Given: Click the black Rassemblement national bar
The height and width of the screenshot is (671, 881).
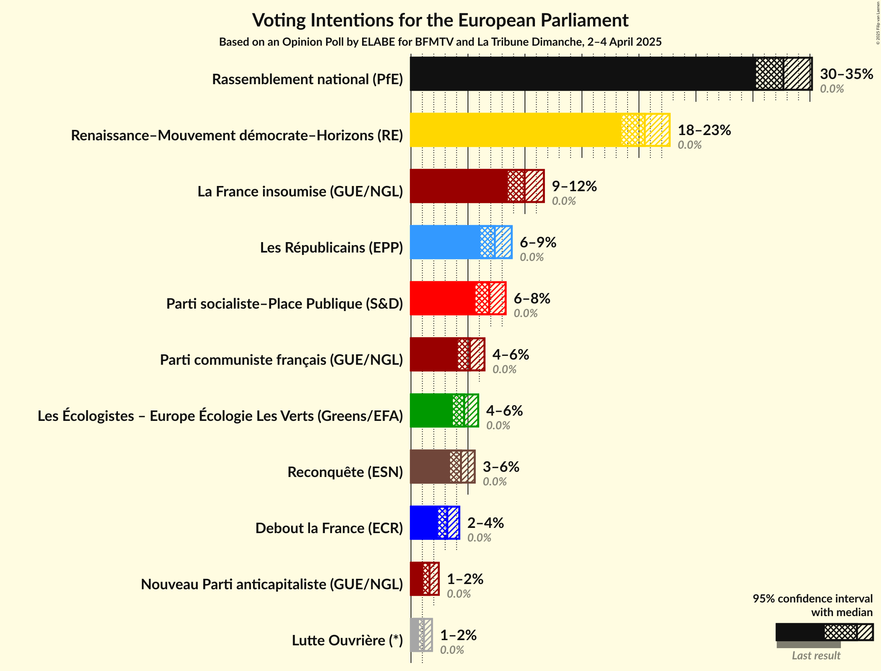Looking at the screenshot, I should [581, 74].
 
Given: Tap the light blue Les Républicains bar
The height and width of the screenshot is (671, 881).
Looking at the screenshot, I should [445, 242].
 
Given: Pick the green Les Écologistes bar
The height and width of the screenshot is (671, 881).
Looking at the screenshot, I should [431, 410].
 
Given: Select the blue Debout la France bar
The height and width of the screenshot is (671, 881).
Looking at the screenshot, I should [424, 523].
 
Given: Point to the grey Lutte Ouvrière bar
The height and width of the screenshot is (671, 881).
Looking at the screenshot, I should [415, 635].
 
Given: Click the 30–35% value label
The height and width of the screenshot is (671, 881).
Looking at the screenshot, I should [846, 74].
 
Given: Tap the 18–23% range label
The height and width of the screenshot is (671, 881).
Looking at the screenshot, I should [704, 130].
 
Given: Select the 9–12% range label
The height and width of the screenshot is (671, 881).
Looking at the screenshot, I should [574, 186].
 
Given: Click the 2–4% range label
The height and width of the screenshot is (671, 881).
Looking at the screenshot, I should [485, 523].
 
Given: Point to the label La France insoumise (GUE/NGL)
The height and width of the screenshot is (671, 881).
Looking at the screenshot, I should [300, 192].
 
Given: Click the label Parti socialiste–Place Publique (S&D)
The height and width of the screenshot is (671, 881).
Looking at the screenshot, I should [284, 304].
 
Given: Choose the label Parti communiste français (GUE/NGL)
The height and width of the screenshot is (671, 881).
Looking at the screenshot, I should [281, 360].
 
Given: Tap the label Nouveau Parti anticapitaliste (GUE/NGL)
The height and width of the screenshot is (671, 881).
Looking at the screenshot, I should [271, 584].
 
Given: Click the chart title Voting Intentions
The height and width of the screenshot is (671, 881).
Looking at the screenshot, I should [440, 20].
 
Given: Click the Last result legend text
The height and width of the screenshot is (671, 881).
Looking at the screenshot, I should [816, 656].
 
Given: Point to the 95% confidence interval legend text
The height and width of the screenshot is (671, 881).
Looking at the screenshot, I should [812, 598].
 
